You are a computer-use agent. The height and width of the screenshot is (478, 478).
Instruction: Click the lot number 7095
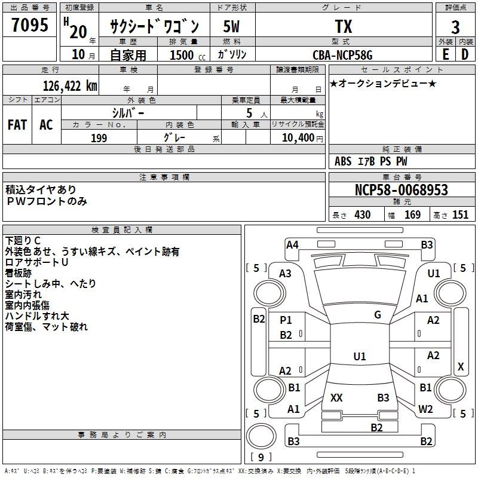[30, 25]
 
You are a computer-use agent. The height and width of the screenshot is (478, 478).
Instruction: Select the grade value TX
[344, 26]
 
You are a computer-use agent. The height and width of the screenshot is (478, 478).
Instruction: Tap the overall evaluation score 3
[455, 27]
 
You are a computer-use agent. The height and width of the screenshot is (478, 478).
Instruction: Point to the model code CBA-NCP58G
[342, 55]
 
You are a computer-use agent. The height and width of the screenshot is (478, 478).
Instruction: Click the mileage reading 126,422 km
[70, 86]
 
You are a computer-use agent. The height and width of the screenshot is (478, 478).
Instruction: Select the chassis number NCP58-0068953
[402, 190]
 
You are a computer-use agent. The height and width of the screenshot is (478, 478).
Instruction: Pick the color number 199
[99, 138]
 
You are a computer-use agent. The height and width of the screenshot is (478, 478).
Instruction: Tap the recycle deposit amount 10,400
[298, 138]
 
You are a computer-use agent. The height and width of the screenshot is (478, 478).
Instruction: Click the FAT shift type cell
[17, 125]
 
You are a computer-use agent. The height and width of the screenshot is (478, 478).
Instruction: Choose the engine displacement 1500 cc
[188, 55]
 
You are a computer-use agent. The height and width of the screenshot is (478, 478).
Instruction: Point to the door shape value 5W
[231, 26]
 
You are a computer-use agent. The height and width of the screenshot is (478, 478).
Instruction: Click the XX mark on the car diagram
[336, 397]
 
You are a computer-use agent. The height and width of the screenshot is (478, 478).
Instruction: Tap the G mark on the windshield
[378, 315]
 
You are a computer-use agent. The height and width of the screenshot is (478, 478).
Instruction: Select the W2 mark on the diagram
[425, 409]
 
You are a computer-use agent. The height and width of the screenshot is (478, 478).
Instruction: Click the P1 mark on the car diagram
[286, 320]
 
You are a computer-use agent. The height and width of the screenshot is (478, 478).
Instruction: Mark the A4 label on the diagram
[292, 245]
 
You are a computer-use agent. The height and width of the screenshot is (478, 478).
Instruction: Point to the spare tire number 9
[261, 457]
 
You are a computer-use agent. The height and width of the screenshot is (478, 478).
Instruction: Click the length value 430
[363, 215]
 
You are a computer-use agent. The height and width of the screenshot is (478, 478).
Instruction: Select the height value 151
[460, 215]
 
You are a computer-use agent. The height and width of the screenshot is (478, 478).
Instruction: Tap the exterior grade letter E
[445, 54]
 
